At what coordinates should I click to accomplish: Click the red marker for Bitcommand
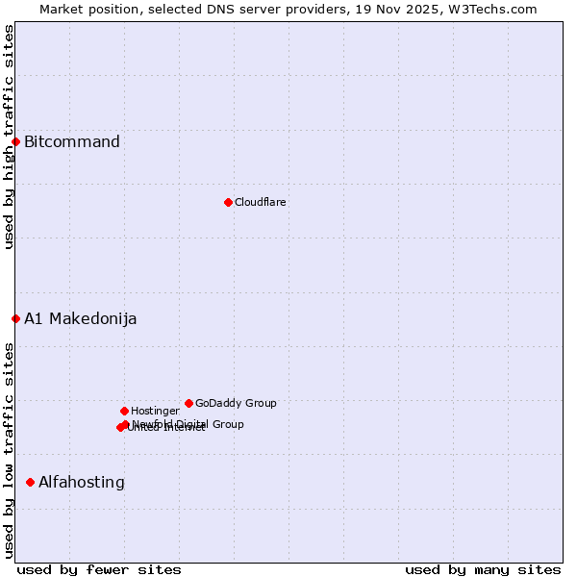pos(15,142)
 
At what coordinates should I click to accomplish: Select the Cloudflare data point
pos(228,202)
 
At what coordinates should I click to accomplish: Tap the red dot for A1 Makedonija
pos(15,318)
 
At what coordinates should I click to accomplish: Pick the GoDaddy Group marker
pos(188,403)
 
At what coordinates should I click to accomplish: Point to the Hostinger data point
pos(124,411)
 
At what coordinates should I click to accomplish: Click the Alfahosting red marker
pos(30,482)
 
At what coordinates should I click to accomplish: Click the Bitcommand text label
pos(72,142)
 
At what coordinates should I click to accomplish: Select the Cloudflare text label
pos(261,202)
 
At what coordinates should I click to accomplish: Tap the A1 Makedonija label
pos(80,318)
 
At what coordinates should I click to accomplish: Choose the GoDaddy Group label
pos(236,403)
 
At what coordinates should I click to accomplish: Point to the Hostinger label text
pos(155,411)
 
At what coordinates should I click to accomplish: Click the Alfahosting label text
pos(82,482)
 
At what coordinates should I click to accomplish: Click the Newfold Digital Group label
pos(188,424)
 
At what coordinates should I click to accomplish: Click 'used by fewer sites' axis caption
pos(99,569)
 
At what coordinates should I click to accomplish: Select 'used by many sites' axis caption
pos(483,569)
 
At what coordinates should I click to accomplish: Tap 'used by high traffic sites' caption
pos(9,137)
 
